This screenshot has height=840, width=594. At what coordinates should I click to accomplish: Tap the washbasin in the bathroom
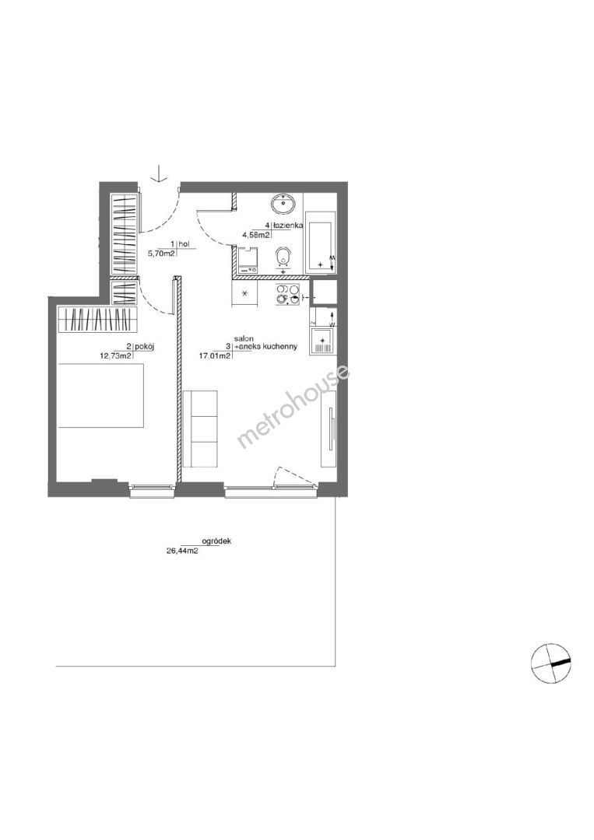pyautogui.click(x=283, y=204)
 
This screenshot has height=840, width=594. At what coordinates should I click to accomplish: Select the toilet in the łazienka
pyautogui.click(x=283, y=258)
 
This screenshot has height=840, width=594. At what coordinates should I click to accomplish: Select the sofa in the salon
pyautogui.click(x=200, y=429)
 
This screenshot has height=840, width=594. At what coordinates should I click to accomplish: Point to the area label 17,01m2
pyautogui.click(x=215, y=355)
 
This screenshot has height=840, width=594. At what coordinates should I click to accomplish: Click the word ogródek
pyautogui.click(x=216, y=541)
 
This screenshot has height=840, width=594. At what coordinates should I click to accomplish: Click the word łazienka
pyautogui.click(x=289, y=226)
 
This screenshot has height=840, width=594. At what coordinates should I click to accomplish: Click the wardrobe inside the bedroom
pyautogui.click(x=98, y=320)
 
